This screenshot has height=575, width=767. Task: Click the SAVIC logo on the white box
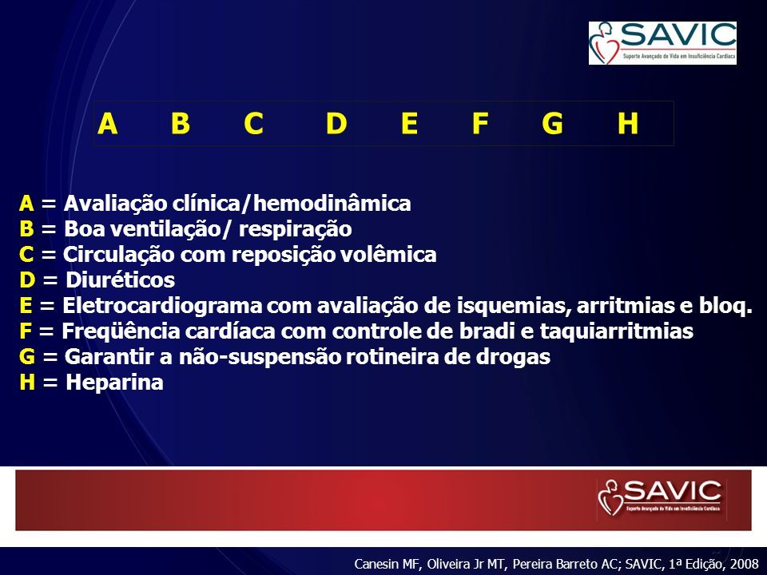point(662,43)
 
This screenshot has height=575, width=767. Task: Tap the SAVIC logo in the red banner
point(661,498)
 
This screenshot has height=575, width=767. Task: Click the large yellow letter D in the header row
point(336,123)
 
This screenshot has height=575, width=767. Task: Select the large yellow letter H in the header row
point(628,123)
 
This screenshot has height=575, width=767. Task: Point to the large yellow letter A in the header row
point(108,123)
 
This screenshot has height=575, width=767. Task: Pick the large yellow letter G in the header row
point(552,123)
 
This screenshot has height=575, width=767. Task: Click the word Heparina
point(114,383)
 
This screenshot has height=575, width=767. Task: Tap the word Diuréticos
point(121,280)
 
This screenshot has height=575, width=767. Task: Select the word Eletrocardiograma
point(162,306)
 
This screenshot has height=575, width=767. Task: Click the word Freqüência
point(121,331)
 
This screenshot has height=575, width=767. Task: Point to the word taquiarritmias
point(616,331)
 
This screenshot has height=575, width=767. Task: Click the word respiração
point(295,229)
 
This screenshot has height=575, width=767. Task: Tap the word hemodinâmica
point(332,204)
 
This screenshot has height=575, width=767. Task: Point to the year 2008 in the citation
point(744,564)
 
